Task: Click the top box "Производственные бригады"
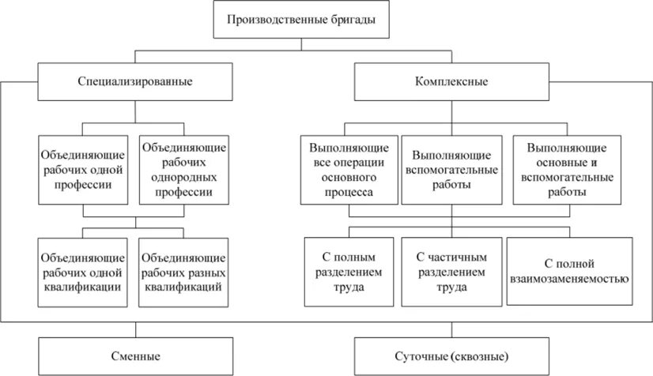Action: coord(302,21)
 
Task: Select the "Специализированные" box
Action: coord(135,81)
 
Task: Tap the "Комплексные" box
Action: coord(451,81)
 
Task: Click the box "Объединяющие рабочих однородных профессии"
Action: coord(183,169)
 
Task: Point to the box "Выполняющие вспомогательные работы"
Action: coord(451,169)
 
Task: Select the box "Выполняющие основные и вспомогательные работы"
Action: coord(566,169)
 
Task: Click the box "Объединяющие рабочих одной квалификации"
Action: coord(83,272)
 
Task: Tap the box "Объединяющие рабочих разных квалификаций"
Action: coord(183,272)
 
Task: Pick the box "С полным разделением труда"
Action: coord(348,272)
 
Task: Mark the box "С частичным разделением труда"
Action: coord(451,272)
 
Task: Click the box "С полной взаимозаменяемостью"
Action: coord(569,272)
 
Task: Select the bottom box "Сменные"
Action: coord(135,355)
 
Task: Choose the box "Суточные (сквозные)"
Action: coord(451,355)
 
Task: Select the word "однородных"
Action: coord(183,176)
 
